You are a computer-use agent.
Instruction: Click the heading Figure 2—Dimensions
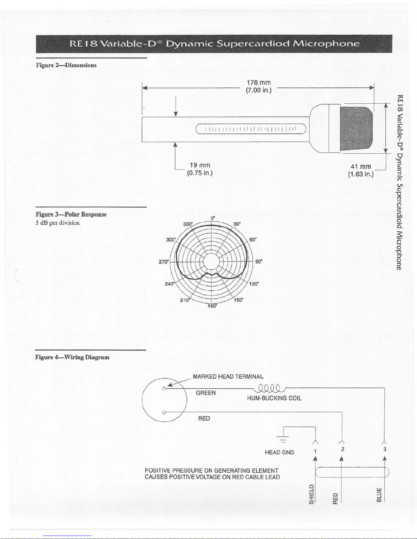[x=66, y=65]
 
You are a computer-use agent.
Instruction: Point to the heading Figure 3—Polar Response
[x=71, y=215]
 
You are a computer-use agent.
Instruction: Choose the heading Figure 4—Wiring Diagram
[x=73, y=357]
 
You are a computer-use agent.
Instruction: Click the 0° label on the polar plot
[x=212, y=218]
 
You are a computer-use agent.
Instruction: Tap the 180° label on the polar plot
[x=212, y=306]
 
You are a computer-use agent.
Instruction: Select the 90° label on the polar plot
[x=259, y=262]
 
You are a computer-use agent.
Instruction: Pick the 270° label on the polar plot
[x=164, y=262]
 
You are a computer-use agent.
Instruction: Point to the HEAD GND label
[x=279, y=452]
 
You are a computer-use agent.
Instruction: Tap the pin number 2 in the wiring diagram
[x=342, y=449]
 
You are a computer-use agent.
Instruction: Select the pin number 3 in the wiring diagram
[x=385, y=449]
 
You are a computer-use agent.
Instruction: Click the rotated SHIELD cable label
[x=311, y=495]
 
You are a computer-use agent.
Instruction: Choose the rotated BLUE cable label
[x=379, y=495]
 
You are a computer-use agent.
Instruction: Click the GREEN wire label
[x=206, y=393]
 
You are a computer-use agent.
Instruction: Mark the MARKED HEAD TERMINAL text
[x=228, y=376]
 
